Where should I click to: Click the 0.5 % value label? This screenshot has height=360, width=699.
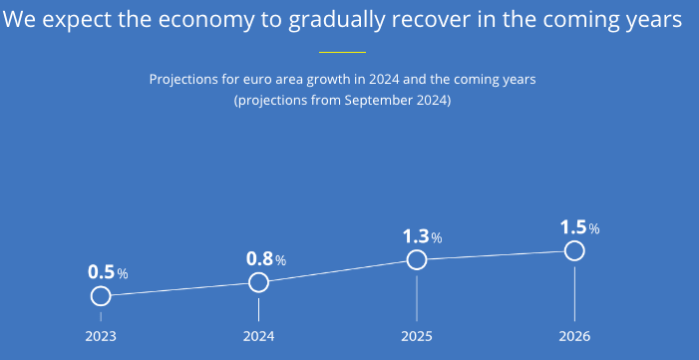[108, 272]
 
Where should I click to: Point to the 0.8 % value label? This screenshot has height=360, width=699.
[266, 258]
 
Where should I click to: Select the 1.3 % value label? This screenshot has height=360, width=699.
[422, 236]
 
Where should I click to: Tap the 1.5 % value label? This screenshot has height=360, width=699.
[579, 227]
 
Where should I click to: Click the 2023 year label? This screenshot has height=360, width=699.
[101, 336]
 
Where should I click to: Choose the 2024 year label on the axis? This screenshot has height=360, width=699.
[258, 336]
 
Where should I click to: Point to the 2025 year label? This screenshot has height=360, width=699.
[417, 336]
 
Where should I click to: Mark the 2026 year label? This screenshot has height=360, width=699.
[574, 336]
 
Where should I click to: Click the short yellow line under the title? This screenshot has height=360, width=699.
[342, 52]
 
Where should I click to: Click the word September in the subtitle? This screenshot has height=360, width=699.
[379, 101]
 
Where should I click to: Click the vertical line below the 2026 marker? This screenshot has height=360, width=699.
[574, 294]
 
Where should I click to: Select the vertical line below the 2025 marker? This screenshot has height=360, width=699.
[417, 298]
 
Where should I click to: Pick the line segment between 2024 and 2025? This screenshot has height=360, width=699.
[338, 271]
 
